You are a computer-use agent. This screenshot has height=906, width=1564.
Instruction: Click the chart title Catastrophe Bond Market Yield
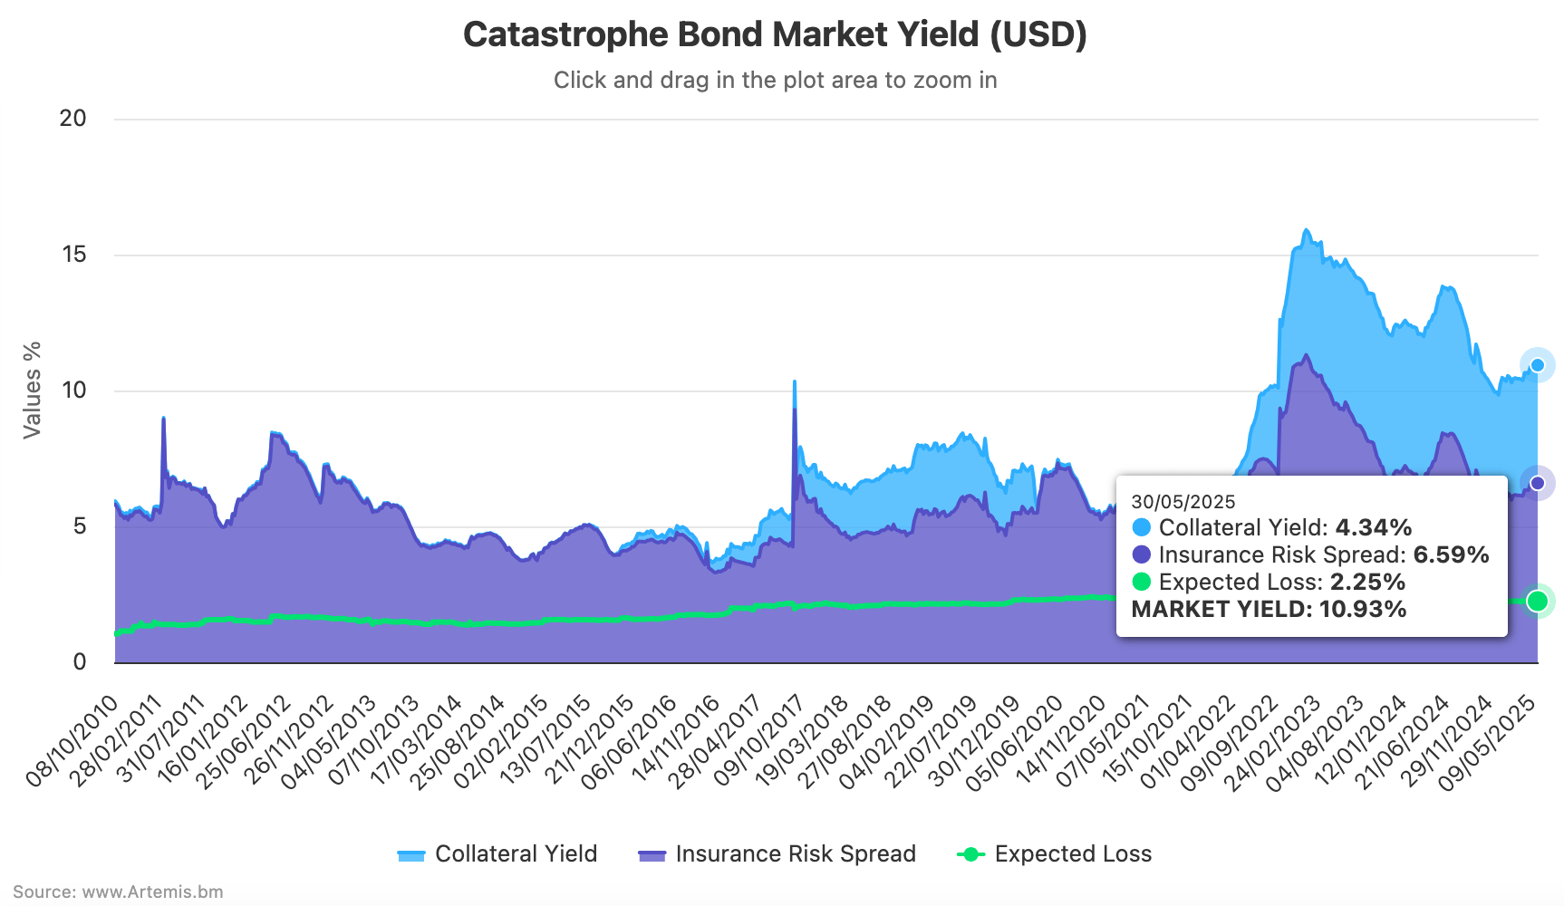pyautogui.click(x=775, y=35)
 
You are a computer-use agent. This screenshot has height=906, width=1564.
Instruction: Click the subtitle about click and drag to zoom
pyautogui.click(x=775, y=81)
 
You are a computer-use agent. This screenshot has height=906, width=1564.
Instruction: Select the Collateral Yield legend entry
pyautogui.click(x=497, y=854)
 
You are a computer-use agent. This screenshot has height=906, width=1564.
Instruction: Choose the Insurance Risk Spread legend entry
pyautogui.click(x=777, y=854)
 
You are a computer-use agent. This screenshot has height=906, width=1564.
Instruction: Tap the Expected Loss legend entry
pyautogui.click(x=1055, y=854)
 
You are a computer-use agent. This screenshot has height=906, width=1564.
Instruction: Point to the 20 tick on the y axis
pyautogui.click(x=73, y=119)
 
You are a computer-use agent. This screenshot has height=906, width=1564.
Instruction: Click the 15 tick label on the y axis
pyautogui.click(x=74, y=255)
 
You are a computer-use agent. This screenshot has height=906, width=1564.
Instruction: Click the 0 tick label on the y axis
pyautogui.click(x=80, y=662)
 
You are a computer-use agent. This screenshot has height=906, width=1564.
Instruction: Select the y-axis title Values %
pyautogui.click(x=33, y=390)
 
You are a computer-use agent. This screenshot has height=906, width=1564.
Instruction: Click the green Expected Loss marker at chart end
pyautogui.click(x=1537, y=601)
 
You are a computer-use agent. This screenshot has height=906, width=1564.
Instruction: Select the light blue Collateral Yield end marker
pyautogui.click(x=1537, y=365)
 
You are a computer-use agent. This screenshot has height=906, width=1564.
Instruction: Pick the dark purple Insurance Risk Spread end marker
pyautogui.click(x=1537, y=483)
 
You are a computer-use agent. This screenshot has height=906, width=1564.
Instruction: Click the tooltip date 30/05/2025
pyautogui.click(x=1183, y=502)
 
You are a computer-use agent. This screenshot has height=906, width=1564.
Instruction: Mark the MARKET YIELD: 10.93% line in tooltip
pyautogui.click(x=1269, y=609)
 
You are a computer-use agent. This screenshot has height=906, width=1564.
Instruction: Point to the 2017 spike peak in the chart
pyautogui.click(x=795, y=382)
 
